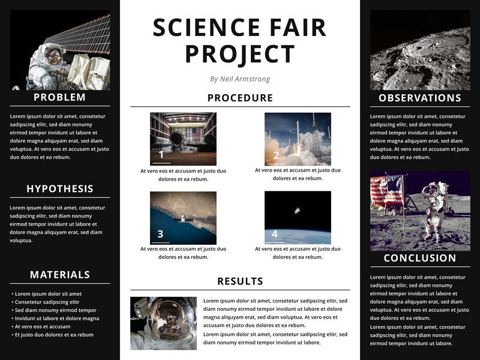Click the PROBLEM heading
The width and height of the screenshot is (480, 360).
click(x=59, y=97)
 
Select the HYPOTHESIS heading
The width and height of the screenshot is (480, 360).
click(x=59, y=188)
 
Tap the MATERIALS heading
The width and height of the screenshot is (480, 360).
click(x=59, y=275)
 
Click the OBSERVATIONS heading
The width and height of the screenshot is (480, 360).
click(x=419, y=98)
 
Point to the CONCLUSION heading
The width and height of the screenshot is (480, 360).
click(x=419, y=258)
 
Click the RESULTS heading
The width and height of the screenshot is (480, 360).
click(x=240, y=281)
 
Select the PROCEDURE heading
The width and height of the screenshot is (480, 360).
click(x=240, y=98)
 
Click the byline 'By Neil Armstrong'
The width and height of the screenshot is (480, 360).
click(x=240, y=79)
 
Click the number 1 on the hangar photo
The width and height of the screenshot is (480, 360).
click(x=161, y=154)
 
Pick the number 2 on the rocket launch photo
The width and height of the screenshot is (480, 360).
click(x=276, y=155)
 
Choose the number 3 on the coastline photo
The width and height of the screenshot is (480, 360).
click(x=160, y=234)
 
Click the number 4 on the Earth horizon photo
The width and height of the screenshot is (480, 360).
click(x=275, y=233)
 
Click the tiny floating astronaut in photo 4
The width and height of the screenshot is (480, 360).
click(x=297, y=211)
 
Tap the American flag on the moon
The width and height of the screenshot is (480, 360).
click(x=386, y=190)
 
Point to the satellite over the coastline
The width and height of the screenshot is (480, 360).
click(x=183, y=219)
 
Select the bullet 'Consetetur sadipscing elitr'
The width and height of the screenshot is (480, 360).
click(x=47, y=302)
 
